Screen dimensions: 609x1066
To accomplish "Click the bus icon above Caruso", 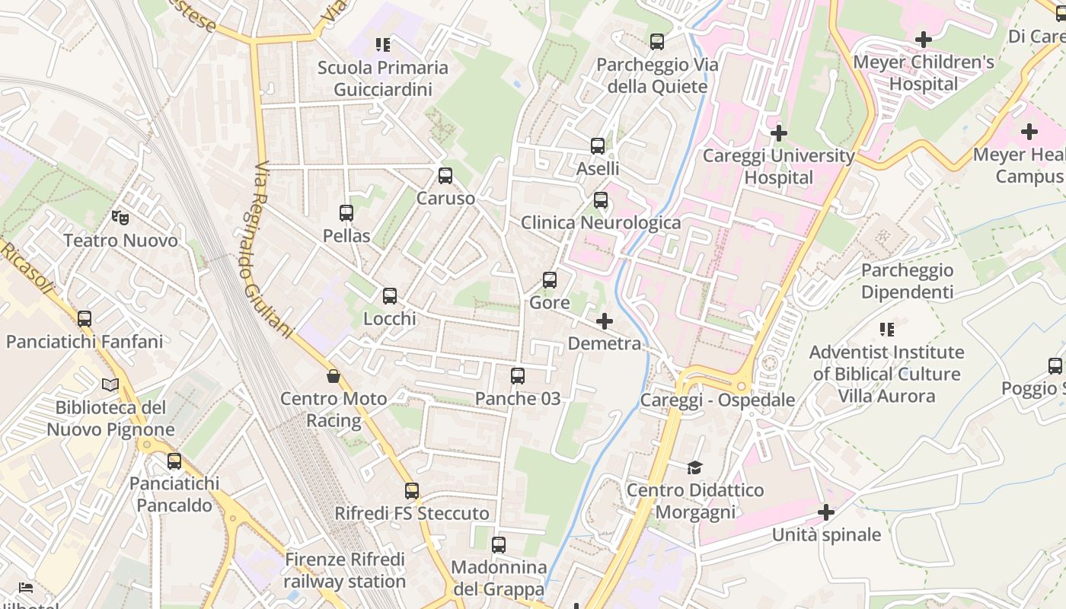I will [x=445, y=176].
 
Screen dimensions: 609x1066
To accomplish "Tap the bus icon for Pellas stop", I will [x=346, y=213].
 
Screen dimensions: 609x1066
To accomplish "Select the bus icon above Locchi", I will [x=390, y=296].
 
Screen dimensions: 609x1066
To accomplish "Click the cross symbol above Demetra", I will [x=605, y=321].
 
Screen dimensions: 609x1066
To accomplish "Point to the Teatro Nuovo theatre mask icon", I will [x=120, y=218].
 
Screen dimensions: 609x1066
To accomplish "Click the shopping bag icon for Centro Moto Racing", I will [x=334, y=376].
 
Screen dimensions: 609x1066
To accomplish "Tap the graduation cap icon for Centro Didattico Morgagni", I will [x=694, y=467].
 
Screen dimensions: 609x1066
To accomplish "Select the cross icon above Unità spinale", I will [x=826, y=512].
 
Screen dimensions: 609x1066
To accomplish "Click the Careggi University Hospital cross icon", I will [x=778, y=133].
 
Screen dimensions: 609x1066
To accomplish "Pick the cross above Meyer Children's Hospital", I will [x=924, y=40].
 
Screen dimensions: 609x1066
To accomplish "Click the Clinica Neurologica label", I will [x=601, y=222].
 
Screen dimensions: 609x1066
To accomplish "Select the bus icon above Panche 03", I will [x=518, y=376].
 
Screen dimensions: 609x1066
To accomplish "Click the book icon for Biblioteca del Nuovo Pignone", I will [x=110, y=385].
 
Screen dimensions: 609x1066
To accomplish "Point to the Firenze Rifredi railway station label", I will [x=345, y=571].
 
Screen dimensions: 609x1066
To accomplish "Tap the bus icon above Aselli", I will [x=598, y=146].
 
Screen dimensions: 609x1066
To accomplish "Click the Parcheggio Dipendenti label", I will [x=907, y=281].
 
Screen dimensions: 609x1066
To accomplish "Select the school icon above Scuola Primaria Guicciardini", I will [x=382, y=45].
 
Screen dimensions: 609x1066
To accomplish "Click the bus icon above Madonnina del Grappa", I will [x=499, y=545].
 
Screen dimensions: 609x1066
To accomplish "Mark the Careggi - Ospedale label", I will [x=717, y=400].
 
